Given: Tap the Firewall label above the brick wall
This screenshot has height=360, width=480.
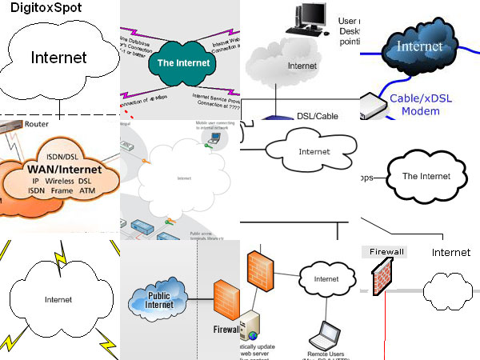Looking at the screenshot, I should [x=387, y=251].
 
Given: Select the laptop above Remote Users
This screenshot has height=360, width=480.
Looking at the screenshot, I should [x=327, y=330].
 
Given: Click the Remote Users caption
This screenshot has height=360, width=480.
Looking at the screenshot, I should [x=326, y=352].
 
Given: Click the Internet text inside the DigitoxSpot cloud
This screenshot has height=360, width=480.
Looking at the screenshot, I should [x=58, y=58].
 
